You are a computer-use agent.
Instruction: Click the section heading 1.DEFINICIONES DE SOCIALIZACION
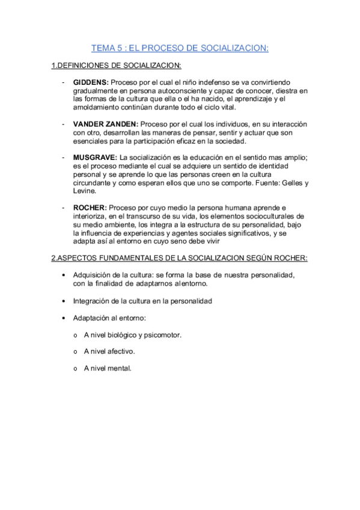[x=116, y=65]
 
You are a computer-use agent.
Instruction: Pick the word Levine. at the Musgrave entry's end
[x=84, y=191]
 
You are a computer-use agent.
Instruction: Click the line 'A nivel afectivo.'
[x=109, y=351]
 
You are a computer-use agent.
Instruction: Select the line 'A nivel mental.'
[x=108, y=367]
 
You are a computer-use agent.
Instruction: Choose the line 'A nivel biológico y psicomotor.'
[x=132, y=334]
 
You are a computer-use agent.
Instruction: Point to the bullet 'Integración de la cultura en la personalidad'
[x=142, y=300]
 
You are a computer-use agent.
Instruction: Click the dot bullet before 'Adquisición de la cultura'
[x=64, y=275]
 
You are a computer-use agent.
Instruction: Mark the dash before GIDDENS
[x=63, y=82]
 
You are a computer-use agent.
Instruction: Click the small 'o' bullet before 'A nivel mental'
[x=75, y=368]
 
